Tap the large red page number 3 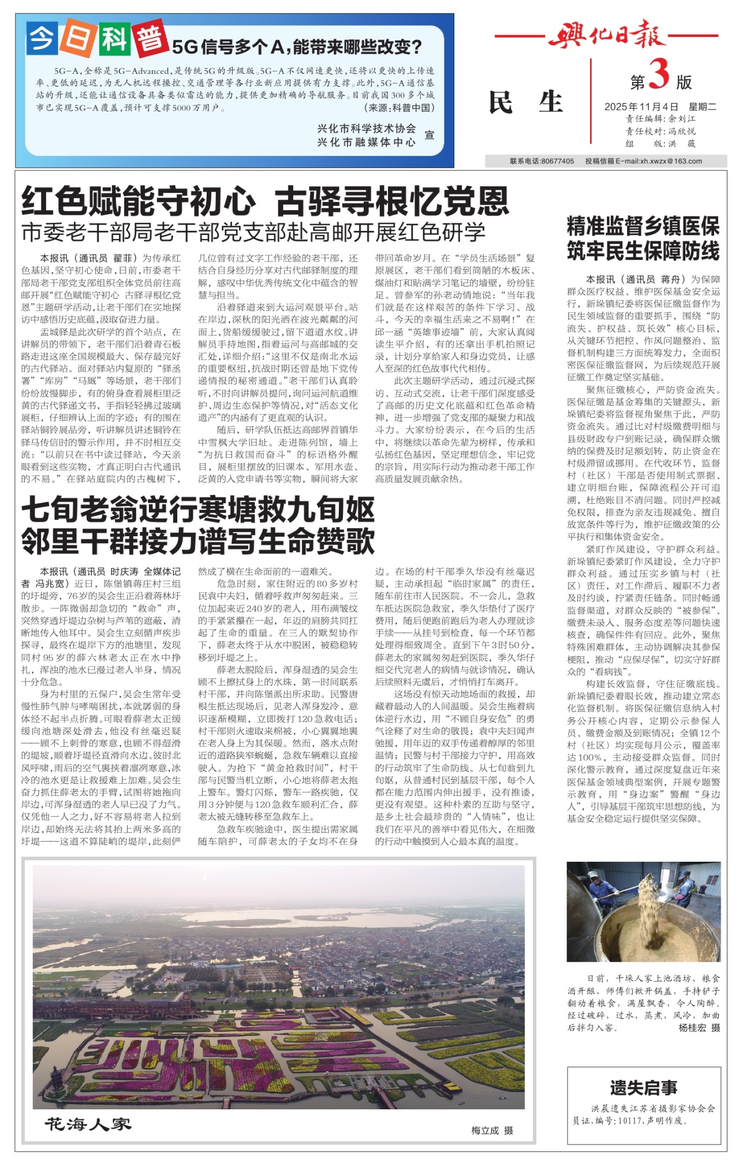(659, 76)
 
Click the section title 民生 (525, 102)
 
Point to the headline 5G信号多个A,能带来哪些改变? (297, 47)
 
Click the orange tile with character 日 (77, 40)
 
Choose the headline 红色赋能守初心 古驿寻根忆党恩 (265, 201)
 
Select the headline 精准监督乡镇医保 (643, 226)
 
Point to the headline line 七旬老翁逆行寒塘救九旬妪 (198, 510)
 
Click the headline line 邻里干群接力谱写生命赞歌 (198, 541)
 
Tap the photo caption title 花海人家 (88, 1124)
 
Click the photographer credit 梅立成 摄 (492, 1130)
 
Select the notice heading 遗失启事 (643, 1088)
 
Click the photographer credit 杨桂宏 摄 (699, 1027)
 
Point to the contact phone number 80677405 (557, 162)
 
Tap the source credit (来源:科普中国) (399, 108)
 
